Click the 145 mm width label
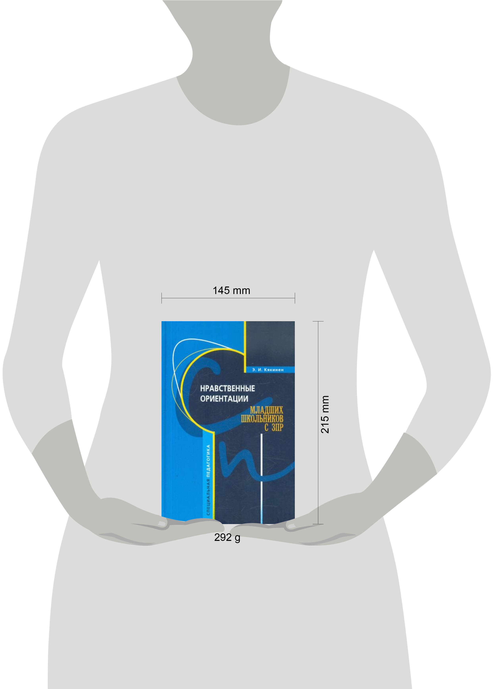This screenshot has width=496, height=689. [x=231, y=290]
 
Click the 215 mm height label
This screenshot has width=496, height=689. [x=325, y=414]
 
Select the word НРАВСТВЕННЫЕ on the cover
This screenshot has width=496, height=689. [x=227, y=388]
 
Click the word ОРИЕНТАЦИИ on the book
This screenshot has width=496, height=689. [x=224, y=399]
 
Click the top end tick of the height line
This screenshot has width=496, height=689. [x=318, y=321]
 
